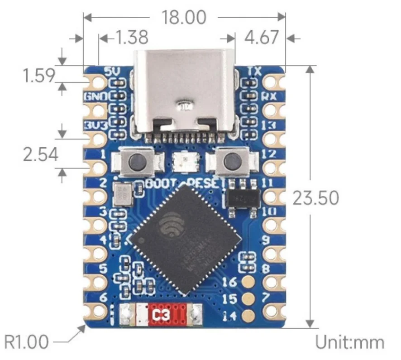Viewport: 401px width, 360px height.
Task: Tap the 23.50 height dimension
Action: (x=316, y=198)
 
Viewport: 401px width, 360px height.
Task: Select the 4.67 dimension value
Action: (x=262, y=38)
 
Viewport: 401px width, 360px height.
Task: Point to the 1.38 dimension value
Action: (x=131, y=38)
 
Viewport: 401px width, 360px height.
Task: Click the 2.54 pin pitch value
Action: (x=41, y=154)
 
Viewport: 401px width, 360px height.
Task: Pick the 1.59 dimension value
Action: (x=38, y=75)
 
